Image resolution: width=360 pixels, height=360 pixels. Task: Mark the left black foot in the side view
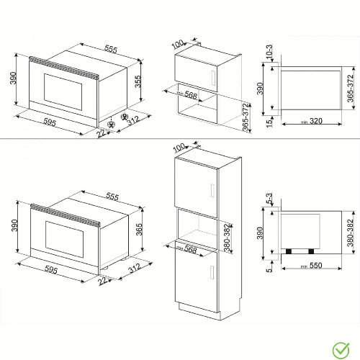pos(290,251)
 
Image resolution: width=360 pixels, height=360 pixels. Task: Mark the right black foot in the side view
pos(312,251)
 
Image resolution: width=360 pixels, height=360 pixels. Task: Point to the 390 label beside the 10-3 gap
pos(261,88)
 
